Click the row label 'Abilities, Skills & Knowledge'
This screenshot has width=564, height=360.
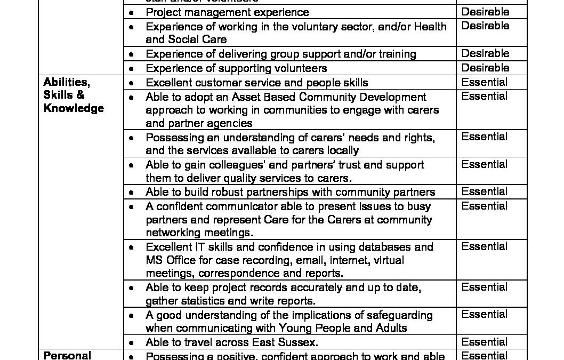[x=73, y=95]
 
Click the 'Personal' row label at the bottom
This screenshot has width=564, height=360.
[x=67, y=355]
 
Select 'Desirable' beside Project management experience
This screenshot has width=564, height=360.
[x=485, y=12]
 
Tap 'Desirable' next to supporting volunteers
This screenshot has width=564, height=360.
[x=485, y=68]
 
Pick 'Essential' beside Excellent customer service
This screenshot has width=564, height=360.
[x=485, y=82]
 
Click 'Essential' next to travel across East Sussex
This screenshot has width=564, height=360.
[x=485, y=342]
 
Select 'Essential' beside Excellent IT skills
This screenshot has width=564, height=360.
[x=485, y=246]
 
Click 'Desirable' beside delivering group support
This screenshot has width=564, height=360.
[x=485, y=53]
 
